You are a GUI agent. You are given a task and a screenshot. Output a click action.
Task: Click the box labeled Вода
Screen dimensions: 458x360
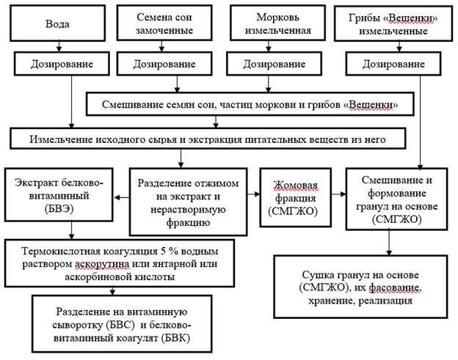tap(57, 23)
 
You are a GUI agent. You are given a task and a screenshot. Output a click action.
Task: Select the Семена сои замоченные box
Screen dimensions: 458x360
tap(164, 23)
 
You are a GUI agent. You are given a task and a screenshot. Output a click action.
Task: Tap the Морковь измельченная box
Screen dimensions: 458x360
tap(277, 23)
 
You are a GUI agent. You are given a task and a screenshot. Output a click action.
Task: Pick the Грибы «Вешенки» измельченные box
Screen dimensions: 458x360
tap(393, 23)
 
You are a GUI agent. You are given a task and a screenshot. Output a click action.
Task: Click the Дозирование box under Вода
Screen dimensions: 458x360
tap(62, 64)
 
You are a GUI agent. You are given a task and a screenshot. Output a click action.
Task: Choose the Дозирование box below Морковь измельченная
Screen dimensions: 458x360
tap(274, 64)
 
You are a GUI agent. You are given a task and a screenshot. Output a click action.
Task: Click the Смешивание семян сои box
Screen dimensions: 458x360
tap(250, 104)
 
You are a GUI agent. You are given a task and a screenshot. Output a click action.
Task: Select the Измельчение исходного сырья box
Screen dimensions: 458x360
tap(208, 139)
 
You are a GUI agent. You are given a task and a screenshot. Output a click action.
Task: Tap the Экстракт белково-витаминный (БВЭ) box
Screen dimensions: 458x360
tap(59, 194)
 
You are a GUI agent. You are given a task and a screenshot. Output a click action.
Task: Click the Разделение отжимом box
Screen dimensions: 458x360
tap(188, 202)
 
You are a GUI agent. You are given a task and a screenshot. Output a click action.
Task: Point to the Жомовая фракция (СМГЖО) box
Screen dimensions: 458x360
tap(296, 197)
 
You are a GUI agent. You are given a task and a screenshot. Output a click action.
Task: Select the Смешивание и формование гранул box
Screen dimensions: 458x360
tap(396, 199)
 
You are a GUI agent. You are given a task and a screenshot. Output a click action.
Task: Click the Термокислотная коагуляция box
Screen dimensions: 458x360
tap(120, 263)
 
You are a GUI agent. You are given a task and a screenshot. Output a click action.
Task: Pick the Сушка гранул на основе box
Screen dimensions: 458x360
tap(360, 287)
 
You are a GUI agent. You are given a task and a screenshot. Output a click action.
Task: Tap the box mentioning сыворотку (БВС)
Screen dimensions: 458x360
tap(122, 324)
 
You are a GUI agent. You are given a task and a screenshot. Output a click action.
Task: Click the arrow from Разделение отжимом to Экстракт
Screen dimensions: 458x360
tap(122, 197)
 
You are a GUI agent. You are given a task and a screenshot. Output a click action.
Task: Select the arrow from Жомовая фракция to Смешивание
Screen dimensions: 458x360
tap(339, 194)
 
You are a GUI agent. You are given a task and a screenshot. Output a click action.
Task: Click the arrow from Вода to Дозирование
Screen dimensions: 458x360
tap(59, 46)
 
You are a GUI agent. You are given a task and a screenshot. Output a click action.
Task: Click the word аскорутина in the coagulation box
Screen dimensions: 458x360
tap(102, 264)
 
